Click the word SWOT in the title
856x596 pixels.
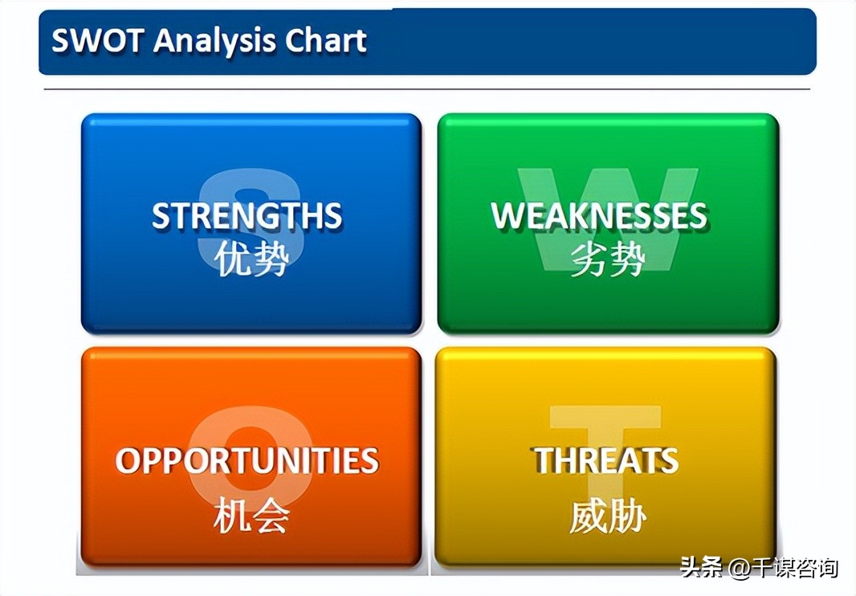(x=98, y=40)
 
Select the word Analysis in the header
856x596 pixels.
(x=214, y=41)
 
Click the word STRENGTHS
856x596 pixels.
(x=247, y=215)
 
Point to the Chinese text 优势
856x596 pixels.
(x=251, y=259)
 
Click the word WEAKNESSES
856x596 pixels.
(x=599, y=215)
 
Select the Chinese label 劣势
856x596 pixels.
(x=608, y=259)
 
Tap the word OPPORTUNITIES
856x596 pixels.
(x=247, y=460)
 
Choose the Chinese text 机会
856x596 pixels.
(x=251, y=516)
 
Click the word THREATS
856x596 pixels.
(x=606, y=460)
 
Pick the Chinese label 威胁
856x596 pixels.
(x=608, y=516)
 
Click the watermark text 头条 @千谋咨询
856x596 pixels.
(x=759, y=568)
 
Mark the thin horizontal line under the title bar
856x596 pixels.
(x=427, y=88)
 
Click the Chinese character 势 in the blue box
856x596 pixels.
(x=271, y=259)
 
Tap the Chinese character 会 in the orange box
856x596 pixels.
(x=271, y=516)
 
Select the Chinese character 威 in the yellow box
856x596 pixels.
(x=588, y=516)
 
